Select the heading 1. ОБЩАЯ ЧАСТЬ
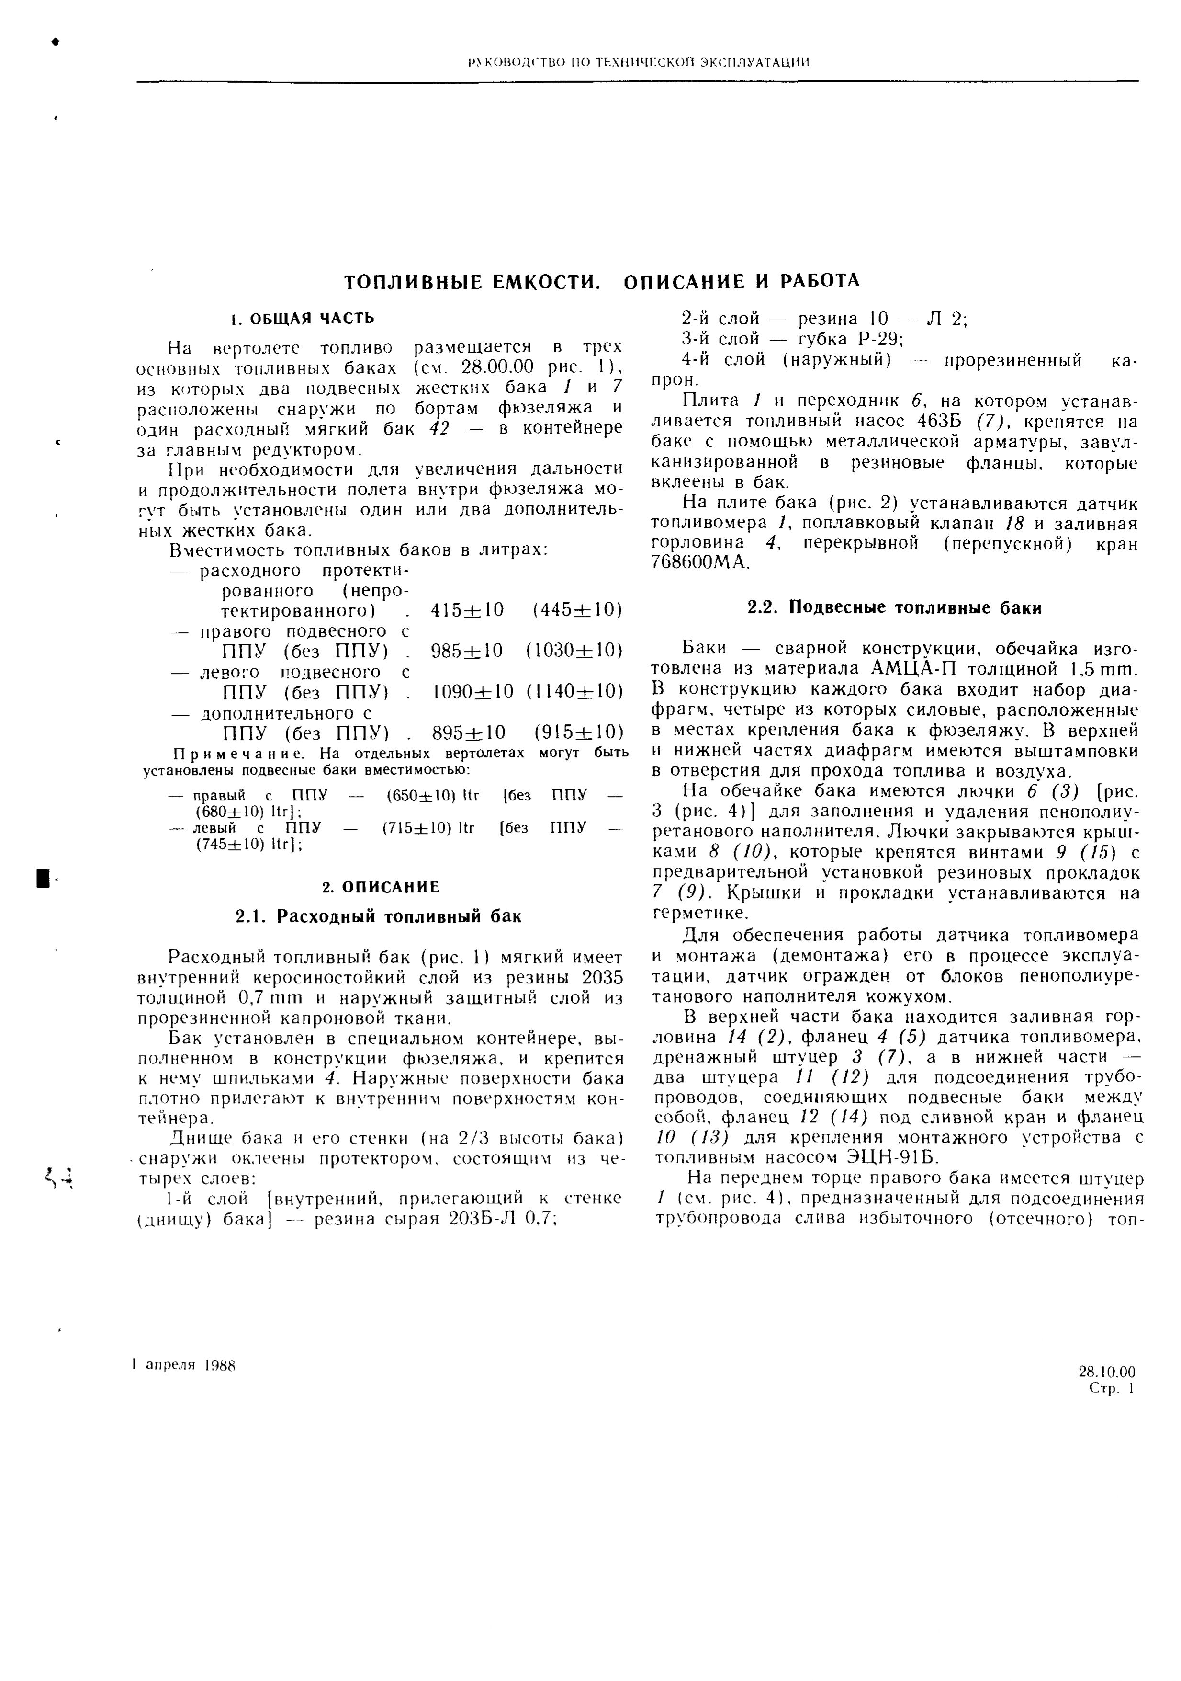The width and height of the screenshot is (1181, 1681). (x=302, y=319)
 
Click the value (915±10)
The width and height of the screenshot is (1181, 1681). (x=578, y=732)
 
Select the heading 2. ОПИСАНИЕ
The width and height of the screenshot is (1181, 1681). (x=381, y=887)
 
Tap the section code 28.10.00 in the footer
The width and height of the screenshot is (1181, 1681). (x=1106, y=1372)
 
